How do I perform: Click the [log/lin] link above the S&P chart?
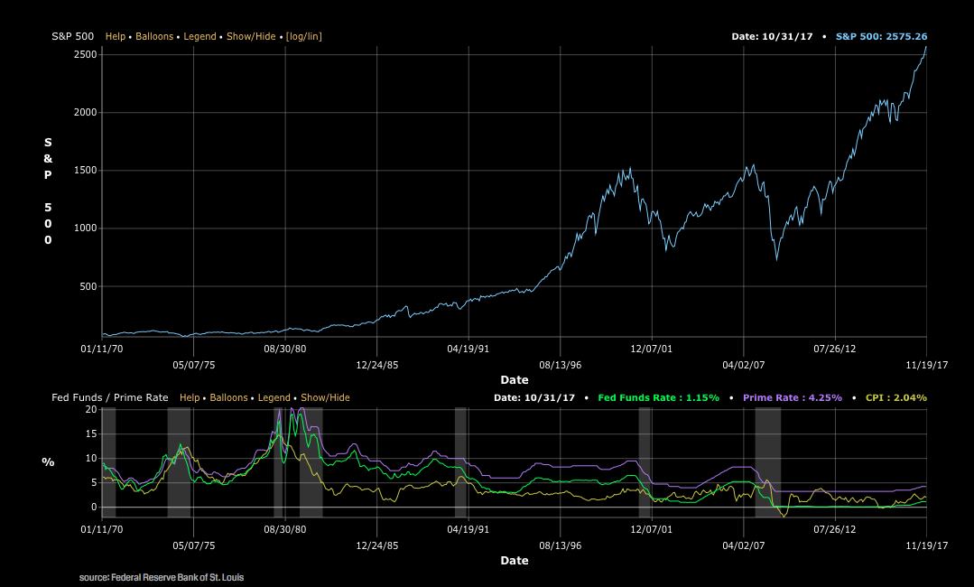303,36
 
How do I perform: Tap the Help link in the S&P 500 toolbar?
116,36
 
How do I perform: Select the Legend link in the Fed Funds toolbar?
274,397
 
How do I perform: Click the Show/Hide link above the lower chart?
325,397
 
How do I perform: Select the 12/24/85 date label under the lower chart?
377,545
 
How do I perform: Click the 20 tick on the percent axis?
90,409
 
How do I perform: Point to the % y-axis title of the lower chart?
48,461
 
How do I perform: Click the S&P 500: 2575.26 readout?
881,36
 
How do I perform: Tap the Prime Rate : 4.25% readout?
792,397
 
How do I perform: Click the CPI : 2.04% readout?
895,397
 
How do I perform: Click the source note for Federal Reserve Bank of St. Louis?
162,577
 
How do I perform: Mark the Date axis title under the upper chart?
515,380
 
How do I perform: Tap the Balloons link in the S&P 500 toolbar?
154,36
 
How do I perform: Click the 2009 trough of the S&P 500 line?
776,260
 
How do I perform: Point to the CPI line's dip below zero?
784,516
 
